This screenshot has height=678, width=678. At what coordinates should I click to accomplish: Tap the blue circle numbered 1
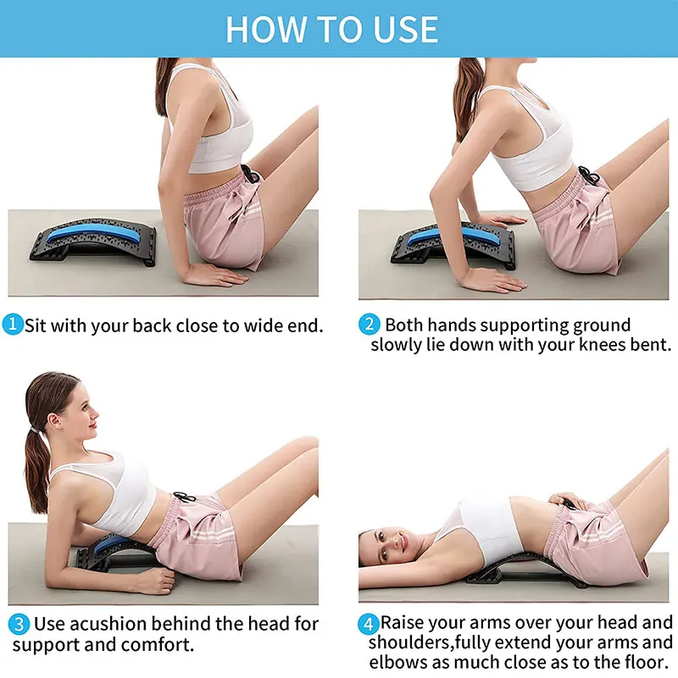click(x=13, y=325)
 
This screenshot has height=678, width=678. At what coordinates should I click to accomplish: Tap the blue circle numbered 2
click(x=369, y=325)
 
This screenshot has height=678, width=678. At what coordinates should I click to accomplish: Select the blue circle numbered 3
click(x=19, y=625)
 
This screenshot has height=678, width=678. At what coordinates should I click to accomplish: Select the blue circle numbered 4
click(x=368, y=625)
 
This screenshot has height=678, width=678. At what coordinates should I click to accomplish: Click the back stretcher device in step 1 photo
click(x=93, y=242)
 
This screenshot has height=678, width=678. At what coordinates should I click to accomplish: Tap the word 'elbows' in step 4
click(x=397, y=662)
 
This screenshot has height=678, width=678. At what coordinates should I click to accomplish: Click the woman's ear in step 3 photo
click(x=54, y=420)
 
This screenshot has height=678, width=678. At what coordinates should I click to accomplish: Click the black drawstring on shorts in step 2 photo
click(x=589, y=175)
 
